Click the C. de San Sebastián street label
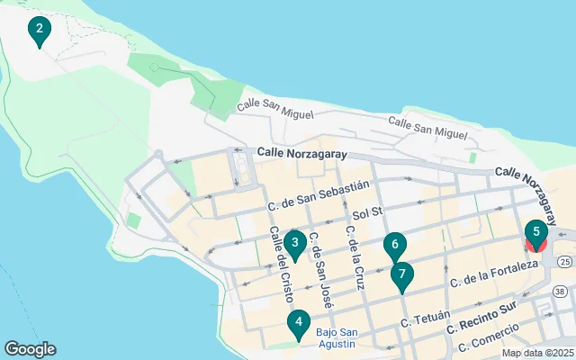tap(319, 197)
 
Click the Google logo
tap(30, 349)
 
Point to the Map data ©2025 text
tap(537, 353)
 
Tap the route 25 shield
tap(564, 262)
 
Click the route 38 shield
tap(560, 292)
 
